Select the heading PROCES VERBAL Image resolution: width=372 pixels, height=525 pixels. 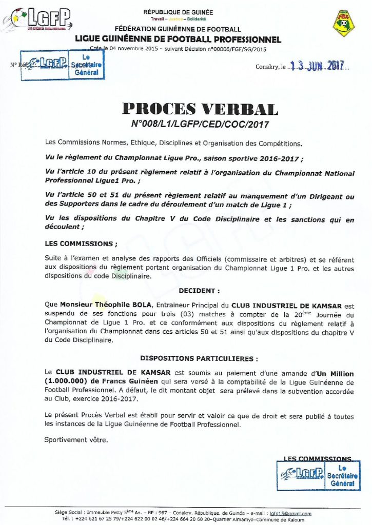click(200, 109)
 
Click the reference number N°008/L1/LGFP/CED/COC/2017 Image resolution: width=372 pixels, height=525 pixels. click(200, 124)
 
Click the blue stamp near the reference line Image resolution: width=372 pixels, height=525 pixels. click(62, 65)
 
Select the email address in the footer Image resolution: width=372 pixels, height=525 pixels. click(290, 513)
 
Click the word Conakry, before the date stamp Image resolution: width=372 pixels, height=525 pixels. click(267, 67)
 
